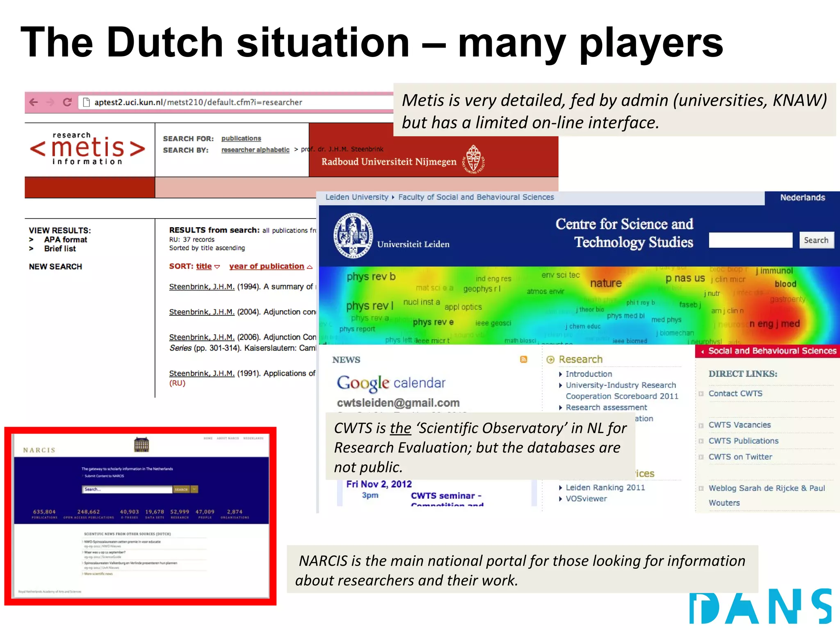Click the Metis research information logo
87,148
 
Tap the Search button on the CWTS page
816,240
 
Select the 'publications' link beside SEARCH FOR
241,139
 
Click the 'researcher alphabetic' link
255,150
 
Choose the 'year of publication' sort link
267,266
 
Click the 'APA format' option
66,240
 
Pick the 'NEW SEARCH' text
55,267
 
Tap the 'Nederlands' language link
802,198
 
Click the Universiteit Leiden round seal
353,235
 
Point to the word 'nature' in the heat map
606,283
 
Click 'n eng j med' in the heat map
774,324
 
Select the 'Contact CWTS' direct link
735,393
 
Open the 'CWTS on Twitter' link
740,457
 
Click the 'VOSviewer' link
586,499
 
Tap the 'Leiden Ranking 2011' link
605,488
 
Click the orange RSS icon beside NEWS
523,360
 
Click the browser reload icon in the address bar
68,102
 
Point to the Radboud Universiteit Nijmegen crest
474,160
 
